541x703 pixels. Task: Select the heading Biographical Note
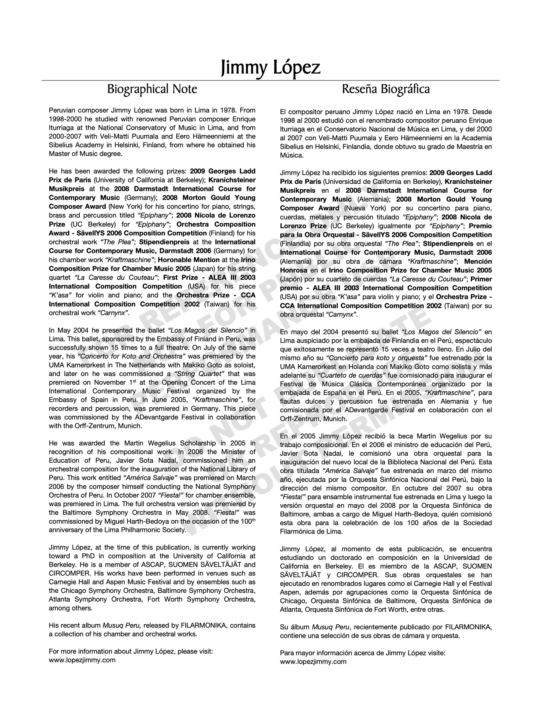pos(152,89)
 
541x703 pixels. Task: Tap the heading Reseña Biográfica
pos(386,89)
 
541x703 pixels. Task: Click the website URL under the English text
pos(82,660)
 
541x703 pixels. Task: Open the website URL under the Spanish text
pos(313,661)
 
